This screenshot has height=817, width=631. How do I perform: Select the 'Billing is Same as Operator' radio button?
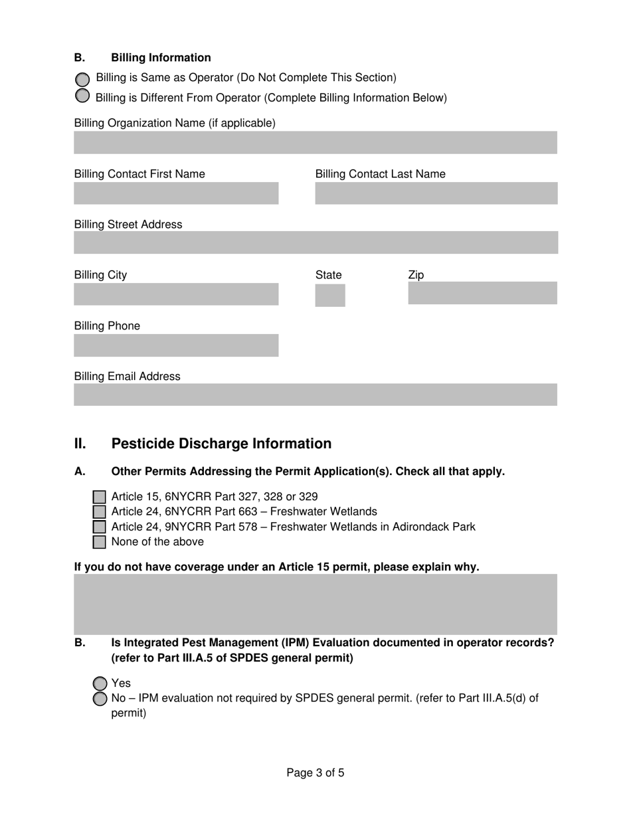[x=82, y=79]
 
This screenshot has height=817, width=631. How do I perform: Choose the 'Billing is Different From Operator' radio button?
[x=82, y=96]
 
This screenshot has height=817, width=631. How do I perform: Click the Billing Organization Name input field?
[x=315, y=143]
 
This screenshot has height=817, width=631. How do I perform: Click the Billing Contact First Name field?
[x=176, y=193]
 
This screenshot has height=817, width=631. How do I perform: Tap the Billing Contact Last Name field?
[x=436, y=193]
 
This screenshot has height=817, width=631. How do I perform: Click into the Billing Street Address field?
[x=315, y=243]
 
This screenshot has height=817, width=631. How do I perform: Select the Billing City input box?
[x=176, y=294]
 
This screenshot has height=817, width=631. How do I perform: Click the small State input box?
[x=330, y=295]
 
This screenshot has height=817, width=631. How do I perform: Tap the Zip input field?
[x=482, y=294]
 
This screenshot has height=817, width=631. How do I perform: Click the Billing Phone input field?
[x=176, y=345]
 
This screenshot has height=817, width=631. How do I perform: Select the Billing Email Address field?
[x=315, y=395]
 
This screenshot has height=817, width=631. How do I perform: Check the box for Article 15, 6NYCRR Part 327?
[x=100, y=497]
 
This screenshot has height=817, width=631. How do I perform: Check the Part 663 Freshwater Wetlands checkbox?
[x=100, y=511]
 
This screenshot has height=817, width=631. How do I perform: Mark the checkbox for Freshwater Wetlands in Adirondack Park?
[x=100, y=527]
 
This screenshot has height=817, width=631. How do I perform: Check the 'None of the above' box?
[x=100, y=542]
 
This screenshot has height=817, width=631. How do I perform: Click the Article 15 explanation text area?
[x=315, y=604]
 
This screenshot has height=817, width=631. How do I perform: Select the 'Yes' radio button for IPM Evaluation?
[x=100, y=683]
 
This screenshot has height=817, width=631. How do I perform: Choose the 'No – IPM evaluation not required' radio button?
[x=100, y=699]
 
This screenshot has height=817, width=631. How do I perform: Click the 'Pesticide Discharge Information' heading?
[x=221, y=444]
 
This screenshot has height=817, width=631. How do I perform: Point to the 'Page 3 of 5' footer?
[x=315, y=772]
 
